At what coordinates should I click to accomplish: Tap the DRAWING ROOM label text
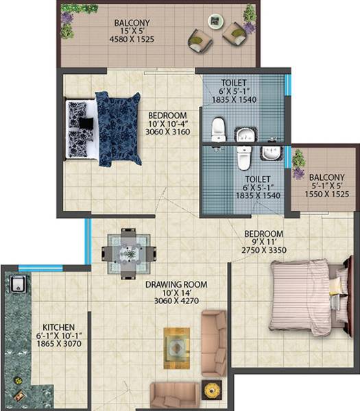tap(176, 284)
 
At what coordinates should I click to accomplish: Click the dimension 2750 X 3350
tap(264, 251)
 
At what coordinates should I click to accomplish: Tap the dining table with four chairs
tap(128, 252)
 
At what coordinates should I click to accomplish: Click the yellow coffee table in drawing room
tap(177, 345)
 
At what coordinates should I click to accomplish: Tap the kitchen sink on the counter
tap(16, 283)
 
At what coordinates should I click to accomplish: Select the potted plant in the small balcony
tap(298, 159)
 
